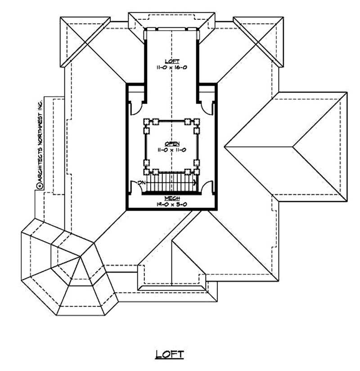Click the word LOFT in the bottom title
pos(170,354)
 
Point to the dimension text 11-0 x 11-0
pos(171,150)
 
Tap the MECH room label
pos(171,198)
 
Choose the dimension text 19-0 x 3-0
pos(171,204)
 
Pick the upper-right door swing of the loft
pos(208,107)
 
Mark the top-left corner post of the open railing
pos(146,121)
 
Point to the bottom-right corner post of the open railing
pos(197,171)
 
